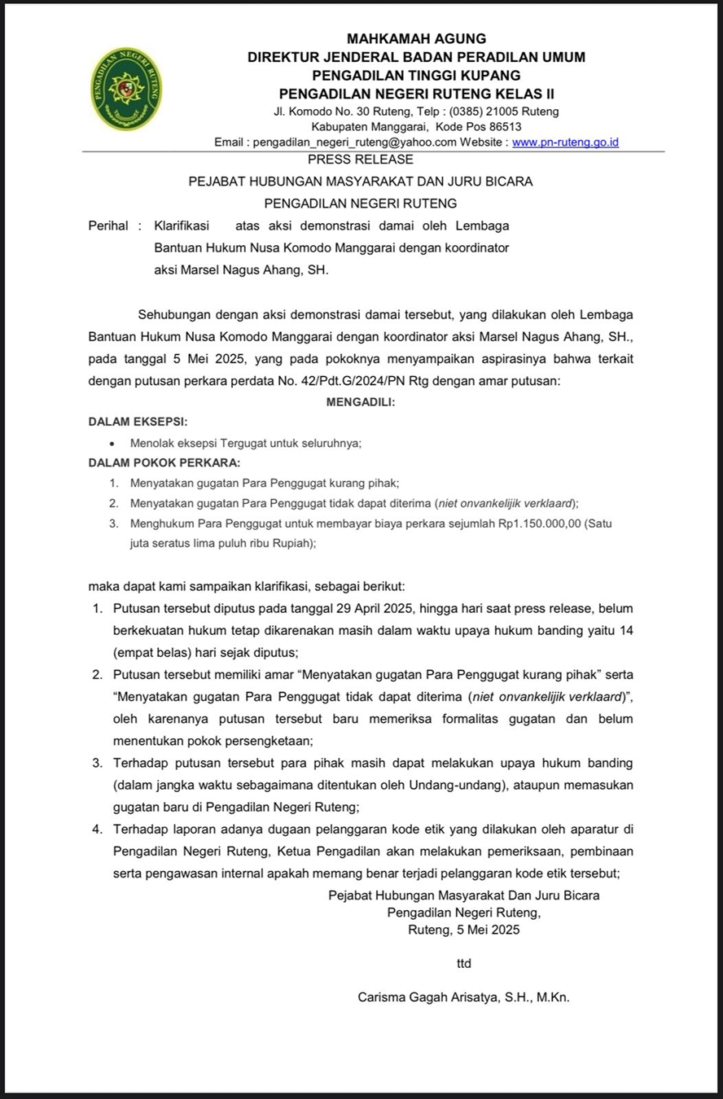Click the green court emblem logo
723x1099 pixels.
126,89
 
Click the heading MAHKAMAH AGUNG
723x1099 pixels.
416,38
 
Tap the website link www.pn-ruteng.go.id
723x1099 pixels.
566,142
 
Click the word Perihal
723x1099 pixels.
108,225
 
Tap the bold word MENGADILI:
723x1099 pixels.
361,401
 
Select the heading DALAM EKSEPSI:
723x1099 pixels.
138,422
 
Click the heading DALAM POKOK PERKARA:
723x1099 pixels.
164,462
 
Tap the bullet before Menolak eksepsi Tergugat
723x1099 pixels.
111,443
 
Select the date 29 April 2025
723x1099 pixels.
375,608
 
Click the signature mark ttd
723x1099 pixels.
463,963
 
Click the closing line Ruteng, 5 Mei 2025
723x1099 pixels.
463,929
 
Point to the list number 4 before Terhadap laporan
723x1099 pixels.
96,830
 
